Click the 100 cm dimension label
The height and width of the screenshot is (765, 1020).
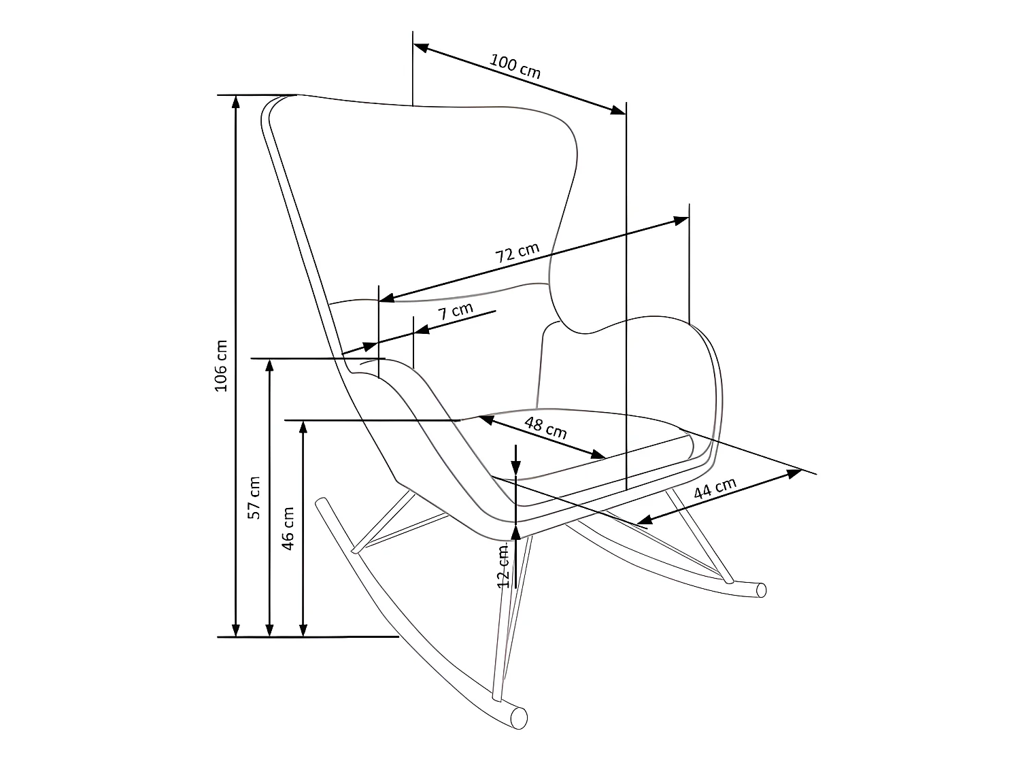point(515,66)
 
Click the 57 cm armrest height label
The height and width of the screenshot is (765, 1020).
point(254,497)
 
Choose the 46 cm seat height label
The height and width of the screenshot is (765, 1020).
point(288,528)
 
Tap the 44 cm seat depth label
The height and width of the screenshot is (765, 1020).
point(715,490)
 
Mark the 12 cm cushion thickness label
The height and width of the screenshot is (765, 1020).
point(504,566)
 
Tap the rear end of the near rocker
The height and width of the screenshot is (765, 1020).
point(322,503)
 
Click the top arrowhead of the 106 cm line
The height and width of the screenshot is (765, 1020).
point(236,101)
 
